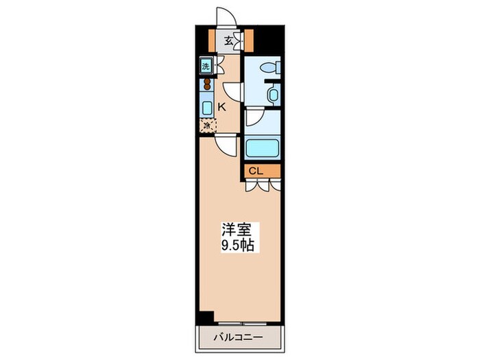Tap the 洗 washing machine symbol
point(205,67)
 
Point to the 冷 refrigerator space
point(206,125)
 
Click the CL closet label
point(255,171)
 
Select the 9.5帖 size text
point(237,245)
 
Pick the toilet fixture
point(270,68)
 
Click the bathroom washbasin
point(273,94)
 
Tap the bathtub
point(262,147)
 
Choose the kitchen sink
point(206,108)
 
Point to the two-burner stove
point(205,86)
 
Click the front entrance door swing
point(226,17)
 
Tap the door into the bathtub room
point(254,118)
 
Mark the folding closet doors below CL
point(262,184)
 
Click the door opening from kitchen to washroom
point(232,92)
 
